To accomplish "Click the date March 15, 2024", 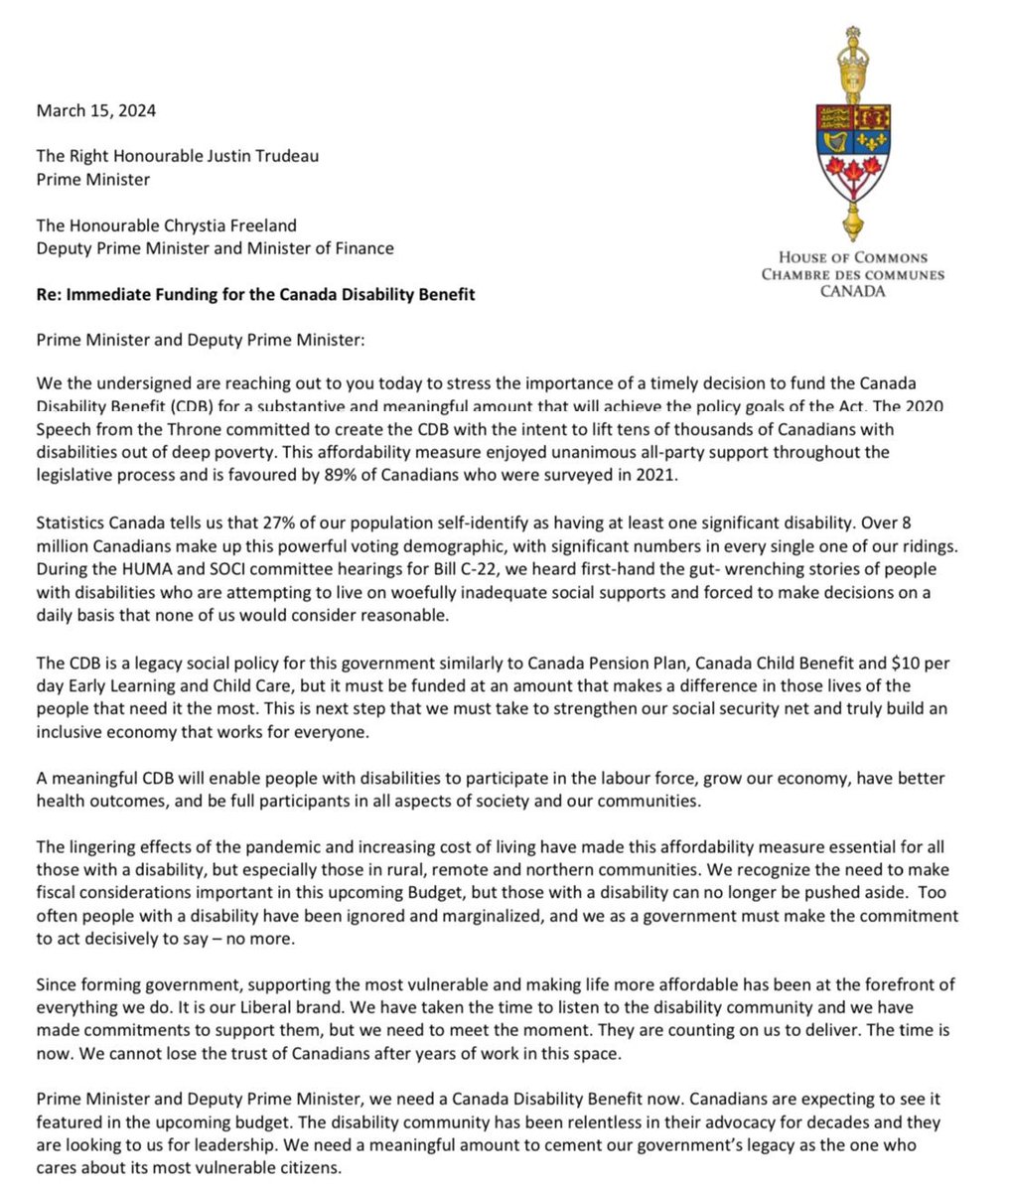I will click(95, 110).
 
